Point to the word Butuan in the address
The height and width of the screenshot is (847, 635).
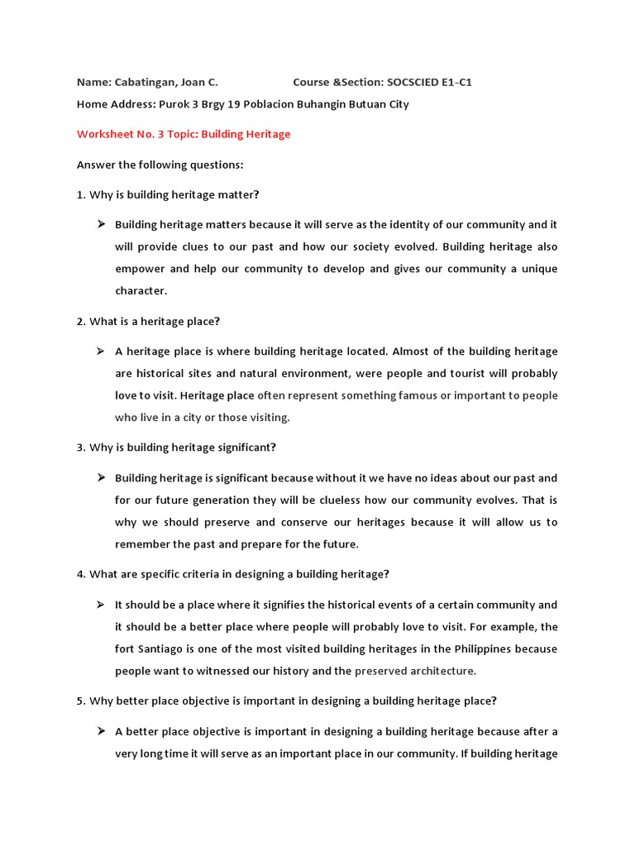point(357,104)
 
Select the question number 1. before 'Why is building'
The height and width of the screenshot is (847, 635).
point(81,194)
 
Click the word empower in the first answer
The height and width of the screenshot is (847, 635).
point(137,269)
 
